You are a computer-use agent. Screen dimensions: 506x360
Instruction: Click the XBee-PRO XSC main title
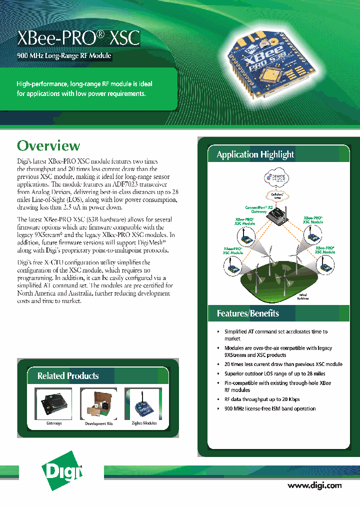78,38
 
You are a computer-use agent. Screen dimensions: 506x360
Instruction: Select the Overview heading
48,146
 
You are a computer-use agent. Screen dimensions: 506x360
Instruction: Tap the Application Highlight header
255,154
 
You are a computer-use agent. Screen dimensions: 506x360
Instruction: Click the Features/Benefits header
247,313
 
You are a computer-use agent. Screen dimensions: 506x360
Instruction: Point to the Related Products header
68,375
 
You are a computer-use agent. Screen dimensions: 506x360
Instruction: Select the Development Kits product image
98,404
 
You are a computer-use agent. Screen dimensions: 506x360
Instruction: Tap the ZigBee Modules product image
143,404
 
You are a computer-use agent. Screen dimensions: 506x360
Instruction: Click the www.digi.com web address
314,485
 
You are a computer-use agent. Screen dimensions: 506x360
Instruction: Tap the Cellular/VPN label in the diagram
277,195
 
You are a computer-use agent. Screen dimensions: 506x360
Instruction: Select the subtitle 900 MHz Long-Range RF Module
64,56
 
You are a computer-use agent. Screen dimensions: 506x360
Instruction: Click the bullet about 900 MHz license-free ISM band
269,408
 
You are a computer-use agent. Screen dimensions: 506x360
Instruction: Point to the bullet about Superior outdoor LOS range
274,373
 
